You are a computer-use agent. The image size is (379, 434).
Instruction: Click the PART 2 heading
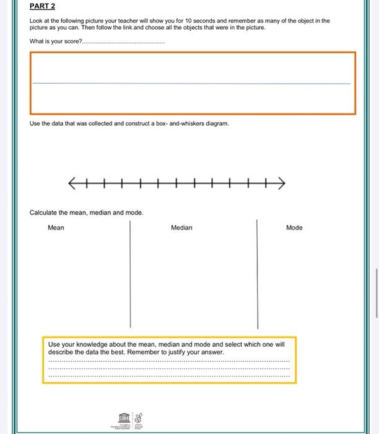pyautogui.click(x=42, y=7)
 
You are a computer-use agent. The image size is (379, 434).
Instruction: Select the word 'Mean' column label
pyautogui.click(x=56, y=228)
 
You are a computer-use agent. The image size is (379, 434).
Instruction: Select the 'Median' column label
pyautogui.click(x=181, y=228)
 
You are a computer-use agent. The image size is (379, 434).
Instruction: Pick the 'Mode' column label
pyautogui.click(x=294, y=228)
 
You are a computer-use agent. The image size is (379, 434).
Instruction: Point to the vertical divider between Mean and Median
pyautogui.click(x=130, y=273)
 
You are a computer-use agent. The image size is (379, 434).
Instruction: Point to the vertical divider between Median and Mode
pyautogui.click(x=258, y=273)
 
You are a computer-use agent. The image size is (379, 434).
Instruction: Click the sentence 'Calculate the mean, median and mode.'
pyautogui.click(x=86, y=213)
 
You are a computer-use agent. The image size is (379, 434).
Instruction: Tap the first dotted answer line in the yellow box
pyautogui.click(x=168, y=361)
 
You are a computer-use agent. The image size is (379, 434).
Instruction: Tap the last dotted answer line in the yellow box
pyautogui.click(x=168, y=376)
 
